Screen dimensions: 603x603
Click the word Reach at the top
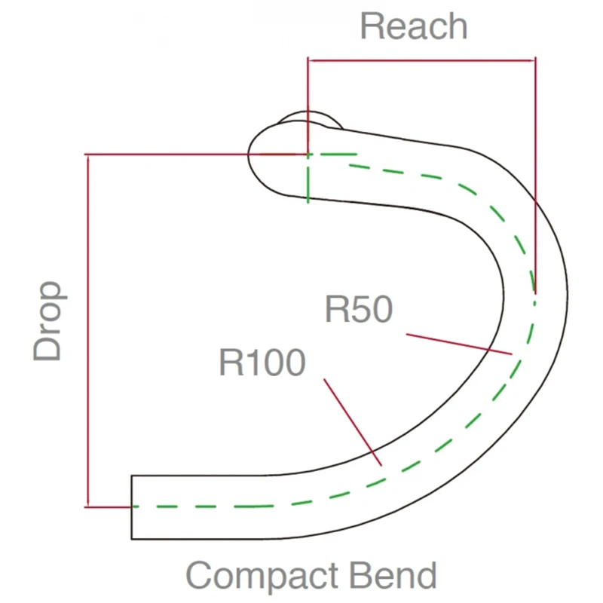[x=413, y=26]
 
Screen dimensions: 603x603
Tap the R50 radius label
[x=359, y=309]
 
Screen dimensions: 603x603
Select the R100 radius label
[x=262, y=363]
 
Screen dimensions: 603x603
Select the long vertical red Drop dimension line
[x=88, y=332]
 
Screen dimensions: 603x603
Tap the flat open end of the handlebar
[x=133, y=507]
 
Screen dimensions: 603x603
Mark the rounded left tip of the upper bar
[x=253, y=155]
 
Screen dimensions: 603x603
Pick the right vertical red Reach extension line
[x=534, y=173]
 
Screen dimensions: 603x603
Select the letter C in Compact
[x=200, y=577]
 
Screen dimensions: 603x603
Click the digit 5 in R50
[x=359, y=309]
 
